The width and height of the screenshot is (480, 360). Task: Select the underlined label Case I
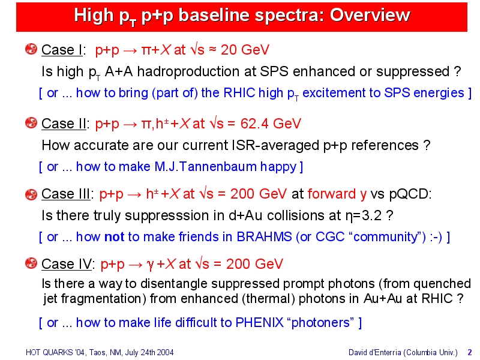(x=62, y=50)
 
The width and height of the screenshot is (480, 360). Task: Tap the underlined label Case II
(x=64, y=124)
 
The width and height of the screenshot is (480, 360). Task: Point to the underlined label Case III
(x=66, y=194)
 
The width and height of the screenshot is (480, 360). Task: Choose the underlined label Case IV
(x=67, y=264)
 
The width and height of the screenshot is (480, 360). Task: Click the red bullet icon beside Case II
(x=31, y=123)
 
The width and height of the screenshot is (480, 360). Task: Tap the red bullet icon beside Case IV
(x=31, y=263)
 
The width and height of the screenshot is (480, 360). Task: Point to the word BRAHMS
(x=264, y=237)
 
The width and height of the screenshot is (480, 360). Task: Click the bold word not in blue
(x=114, y=237)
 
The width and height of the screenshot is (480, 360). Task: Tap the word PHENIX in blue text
(x=260, y=323)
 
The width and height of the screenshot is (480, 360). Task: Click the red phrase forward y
(x=337, y=194)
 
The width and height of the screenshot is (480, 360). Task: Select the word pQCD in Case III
(x=410, y=194)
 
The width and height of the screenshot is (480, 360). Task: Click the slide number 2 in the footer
(x=470, y=352)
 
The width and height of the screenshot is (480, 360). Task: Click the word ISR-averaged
(x=275, y=145)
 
